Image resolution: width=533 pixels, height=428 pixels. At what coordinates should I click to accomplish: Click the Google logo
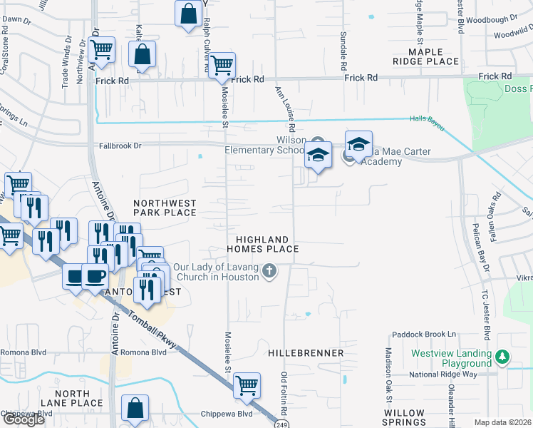(23, 419)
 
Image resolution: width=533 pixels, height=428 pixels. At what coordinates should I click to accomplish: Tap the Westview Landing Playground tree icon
(503, 356)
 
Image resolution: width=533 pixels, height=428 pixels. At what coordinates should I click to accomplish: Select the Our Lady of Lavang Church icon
(269, 270)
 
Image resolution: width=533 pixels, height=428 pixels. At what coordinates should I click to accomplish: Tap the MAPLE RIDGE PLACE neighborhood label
(434, 57)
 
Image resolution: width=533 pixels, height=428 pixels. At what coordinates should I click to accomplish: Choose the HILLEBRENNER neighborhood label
(306, 353)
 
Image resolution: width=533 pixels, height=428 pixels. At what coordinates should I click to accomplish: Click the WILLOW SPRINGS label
(404, 418)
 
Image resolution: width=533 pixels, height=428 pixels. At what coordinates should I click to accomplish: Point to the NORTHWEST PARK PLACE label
(165, 208)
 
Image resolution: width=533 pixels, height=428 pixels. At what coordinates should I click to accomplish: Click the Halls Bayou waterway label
(427, 123)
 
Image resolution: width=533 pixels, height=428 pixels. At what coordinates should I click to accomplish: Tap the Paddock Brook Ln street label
(423, 334)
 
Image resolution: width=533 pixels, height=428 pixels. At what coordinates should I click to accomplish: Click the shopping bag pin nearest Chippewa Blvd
(135, 409)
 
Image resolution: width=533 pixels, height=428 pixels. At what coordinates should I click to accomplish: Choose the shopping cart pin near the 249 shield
(247, 385)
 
